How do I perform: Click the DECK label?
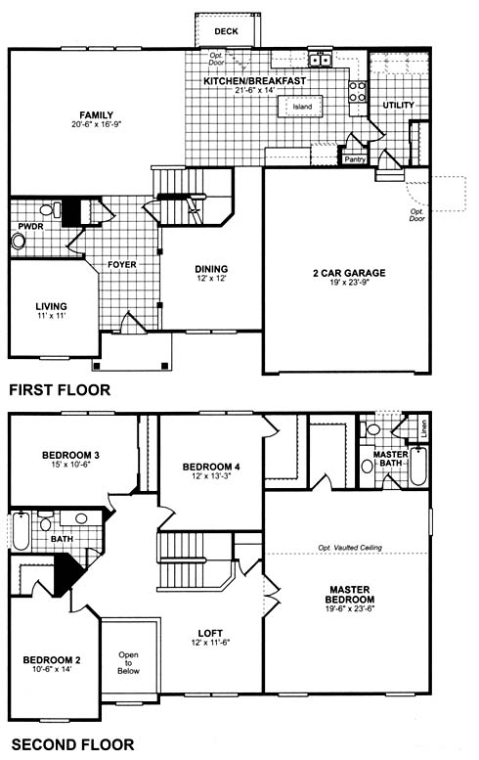point(226,31)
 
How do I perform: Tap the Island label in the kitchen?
point(302,107)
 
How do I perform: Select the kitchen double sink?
point(320,60)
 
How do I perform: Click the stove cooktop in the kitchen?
point(358,91)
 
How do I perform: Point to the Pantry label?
point(355,159)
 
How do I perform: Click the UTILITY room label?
point(399,106)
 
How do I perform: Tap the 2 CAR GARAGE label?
point(349,273)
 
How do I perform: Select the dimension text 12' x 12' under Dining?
point(212,279)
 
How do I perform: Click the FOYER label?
point(122,265)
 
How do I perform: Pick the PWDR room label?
point(30,227)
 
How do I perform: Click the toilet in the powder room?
point(51,210)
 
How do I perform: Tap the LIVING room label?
point(52,306)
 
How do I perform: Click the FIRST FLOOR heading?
point(60,389)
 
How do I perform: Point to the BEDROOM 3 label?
point(70,455)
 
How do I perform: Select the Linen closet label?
point(424,428)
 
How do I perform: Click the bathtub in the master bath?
point(418,467)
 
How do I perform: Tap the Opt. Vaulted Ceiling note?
point(350,547)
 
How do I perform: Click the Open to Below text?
point(128,663)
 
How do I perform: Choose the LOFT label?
point(211,633)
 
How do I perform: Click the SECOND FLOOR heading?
point(72,744)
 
